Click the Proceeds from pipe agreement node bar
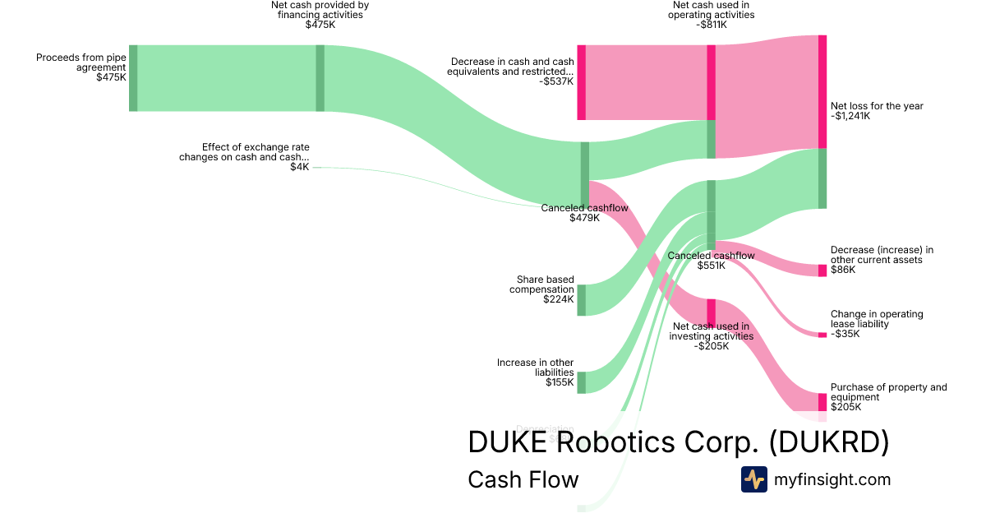[x=133, y=78]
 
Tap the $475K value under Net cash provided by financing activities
[x=320, y=25]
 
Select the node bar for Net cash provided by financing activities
[x=320, y=78]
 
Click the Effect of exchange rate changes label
[x=244, y=152]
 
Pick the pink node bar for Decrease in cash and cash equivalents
[x=581, y=82]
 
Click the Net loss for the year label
[x=877, y=106]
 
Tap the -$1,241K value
[x=850, y=116]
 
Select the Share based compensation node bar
[x=581, y=300]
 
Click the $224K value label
[x=559, y=299]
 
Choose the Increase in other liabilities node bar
[x=581, y=382]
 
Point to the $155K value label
[x=560, y=382]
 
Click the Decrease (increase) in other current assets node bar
[x=822, y=271]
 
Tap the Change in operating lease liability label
[x=877, y=319]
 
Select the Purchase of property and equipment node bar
[x=822, y=402]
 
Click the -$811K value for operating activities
[x=712, y=25]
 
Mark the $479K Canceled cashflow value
[x=584, y=218]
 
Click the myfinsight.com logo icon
[x=753, y=479]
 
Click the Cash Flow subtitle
[x=523, y=479]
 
